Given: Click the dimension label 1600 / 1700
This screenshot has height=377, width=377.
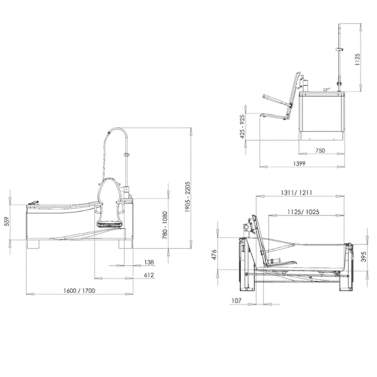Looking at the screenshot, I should [79, 290].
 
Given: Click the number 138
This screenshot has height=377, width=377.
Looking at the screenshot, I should [149, 262].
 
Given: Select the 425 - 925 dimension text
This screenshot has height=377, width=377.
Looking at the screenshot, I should [242, 126].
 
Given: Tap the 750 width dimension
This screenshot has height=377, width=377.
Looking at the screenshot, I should [320, 151].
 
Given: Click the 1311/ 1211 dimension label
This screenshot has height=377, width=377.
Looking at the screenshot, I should [294, 192].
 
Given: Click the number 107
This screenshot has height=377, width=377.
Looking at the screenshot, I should [237, 300].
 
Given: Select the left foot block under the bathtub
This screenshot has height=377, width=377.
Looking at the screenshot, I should [34, 244].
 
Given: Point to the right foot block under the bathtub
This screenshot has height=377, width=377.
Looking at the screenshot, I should [125, 244].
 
